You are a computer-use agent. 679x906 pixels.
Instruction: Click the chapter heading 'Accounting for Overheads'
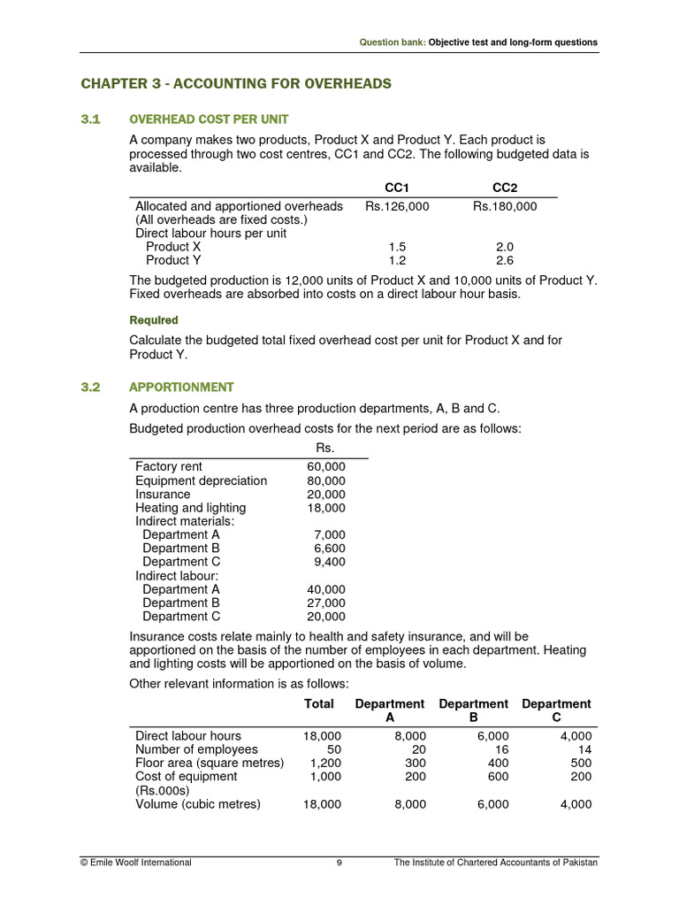[236, 84]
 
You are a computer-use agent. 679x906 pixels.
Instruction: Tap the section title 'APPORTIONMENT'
[181, 387]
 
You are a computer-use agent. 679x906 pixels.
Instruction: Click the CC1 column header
[397, 188]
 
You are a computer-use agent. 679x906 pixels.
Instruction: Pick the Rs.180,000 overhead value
[504, 206]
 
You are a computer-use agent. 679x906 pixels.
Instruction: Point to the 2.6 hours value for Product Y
[505, 260]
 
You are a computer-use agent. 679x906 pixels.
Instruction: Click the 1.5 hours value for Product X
[397, 247]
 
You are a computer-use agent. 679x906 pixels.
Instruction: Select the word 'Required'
[154, 320]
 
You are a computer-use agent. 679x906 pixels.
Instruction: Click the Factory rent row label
[169, 467]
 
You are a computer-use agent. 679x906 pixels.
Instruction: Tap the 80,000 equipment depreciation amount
[326, 480]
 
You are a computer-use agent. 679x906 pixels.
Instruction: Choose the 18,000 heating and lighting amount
[326, 508]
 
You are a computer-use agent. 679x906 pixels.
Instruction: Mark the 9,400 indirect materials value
[330, 562]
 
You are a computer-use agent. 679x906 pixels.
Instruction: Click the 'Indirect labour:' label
[177, 575]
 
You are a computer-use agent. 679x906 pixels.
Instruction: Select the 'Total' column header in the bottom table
[319, 704]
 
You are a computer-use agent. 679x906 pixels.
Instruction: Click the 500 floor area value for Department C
[581, 763]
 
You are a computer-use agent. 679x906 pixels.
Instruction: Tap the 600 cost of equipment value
[498, 776]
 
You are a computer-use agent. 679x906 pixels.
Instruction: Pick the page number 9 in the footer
[339, 863]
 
